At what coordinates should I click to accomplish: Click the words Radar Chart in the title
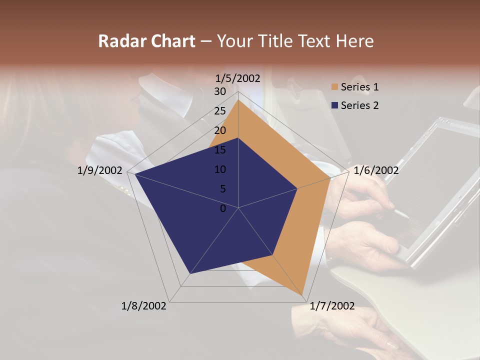[146, 41]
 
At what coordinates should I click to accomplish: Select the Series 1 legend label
[359, 87]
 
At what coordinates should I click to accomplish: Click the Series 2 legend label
[359, 105]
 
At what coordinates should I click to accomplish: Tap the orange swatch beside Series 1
[334, 87]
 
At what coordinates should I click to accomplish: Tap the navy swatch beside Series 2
[334, 105]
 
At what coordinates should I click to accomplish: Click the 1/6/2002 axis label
[376, 170]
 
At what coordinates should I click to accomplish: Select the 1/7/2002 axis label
[332, 306]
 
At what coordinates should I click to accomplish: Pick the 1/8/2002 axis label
[144, 306]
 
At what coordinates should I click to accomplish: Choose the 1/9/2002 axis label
[100, 170]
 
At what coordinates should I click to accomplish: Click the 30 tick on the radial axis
[220, 91]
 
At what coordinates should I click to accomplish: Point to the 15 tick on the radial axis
[220, 150]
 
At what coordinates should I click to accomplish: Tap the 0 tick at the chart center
[223, 208]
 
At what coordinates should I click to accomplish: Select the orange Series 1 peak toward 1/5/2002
[238, 99]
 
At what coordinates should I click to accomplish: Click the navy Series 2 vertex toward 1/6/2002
[297, 188]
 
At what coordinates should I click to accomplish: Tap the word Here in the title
[355, 41]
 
